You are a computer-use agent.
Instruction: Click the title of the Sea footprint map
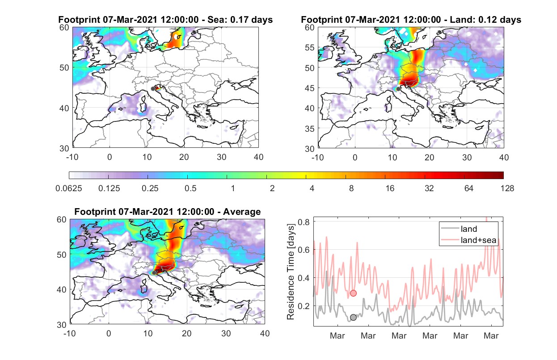tap(165, 20)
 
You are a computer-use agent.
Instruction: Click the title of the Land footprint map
tap(411, 20)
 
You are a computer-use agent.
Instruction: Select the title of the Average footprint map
tap(168, 212)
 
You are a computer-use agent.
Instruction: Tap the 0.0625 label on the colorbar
tap(69, 188)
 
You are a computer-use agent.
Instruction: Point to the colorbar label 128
tap(507, 188)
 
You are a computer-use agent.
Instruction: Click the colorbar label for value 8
tap(351, 188)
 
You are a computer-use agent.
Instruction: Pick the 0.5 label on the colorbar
tap(190, 188)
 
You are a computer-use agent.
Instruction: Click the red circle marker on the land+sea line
tap(353, 293)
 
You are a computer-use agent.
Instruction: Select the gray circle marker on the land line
tap(353, 317)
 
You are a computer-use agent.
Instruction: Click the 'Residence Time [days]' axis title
tap(291, 272)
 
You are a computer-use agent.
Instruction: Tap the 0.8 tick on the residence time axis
tap(304, 222)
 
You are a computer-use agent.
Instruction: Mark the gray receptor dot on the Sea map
tap(153, 89)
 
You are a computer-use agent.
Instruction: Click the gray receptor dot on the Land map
tap(398, 89)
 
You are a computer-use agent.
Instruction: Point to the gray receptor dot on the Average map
tap(154, 273)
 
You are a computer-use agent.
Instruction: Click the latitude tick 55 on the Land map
tap(310, 47)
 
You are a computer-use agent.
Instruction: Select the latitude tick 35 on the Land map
tap(310, 129)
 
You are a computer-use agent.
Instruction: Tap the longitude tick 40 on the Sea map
tap(258, 157)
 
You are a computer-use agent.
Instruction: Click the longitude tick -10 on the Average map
tap(70, 333)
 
